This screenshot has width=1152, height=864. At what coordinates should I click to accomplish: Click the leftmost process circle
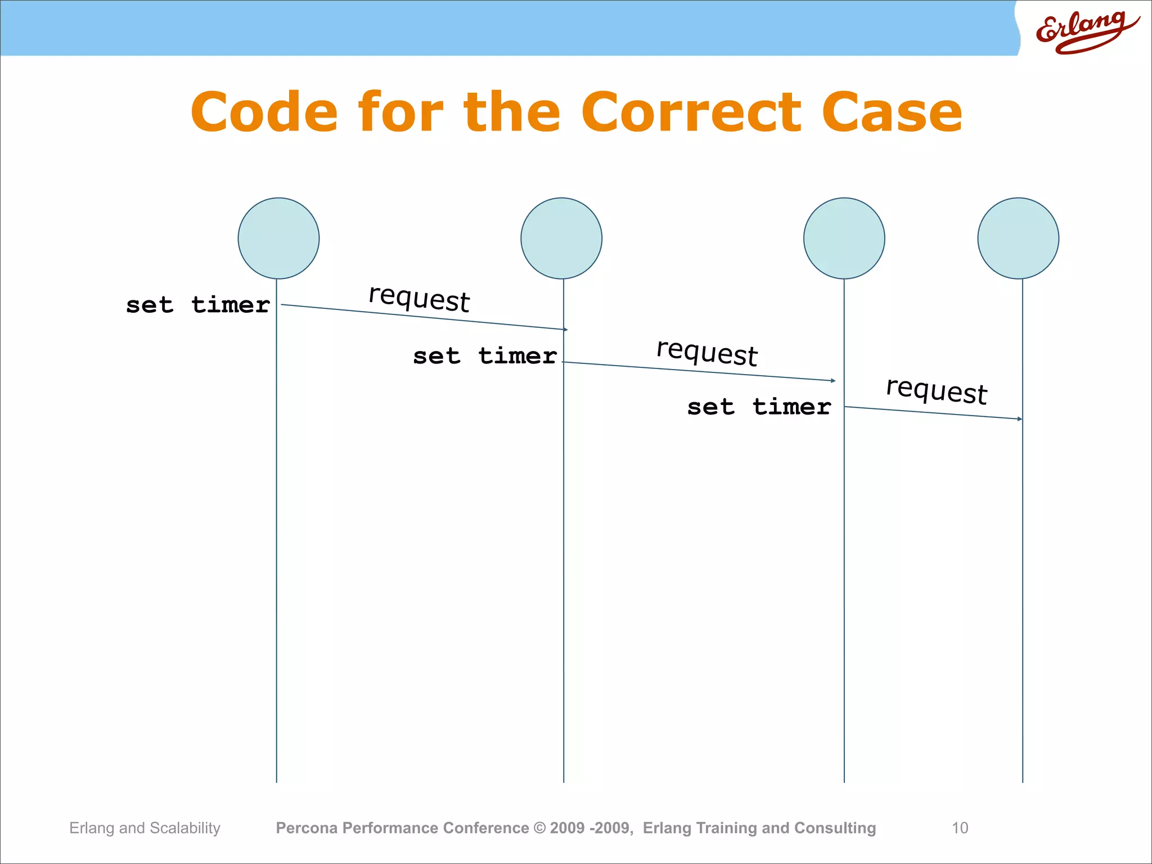278,238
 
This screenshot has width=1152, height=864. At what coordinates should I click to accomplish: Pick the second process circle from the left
561,238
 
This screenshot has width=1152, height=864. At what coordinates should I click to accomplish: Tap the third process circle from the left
844,238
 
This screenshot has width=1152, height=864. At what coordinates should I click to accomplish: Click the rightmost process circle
1018,238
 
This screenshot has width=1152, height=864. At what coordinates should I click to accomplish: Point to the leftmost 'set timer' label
197,305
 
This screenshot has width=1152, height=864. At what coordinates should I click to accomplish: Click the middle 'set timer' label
484,356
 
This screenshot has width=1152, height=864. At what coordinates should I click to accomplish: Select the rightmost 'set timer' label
759,407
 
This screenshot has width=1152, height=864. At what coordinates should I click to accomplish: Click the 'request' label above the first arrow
419,298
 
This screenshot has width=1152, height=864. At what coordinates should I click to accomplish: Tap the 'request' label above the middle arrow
707,353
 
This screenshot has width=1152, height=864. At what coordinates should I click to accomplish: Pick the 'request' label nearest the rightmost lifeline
937,390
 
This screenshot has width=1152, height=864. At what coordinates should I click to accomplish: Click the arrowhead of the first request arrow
565,329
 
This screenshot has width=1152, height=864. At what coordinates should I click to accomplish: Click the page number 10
960,827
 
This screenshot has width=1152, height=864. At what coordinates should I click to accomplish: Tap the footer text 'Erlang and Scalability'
145,827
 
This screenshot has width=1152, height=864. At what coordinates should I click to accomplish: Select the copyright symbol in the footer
539,827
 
